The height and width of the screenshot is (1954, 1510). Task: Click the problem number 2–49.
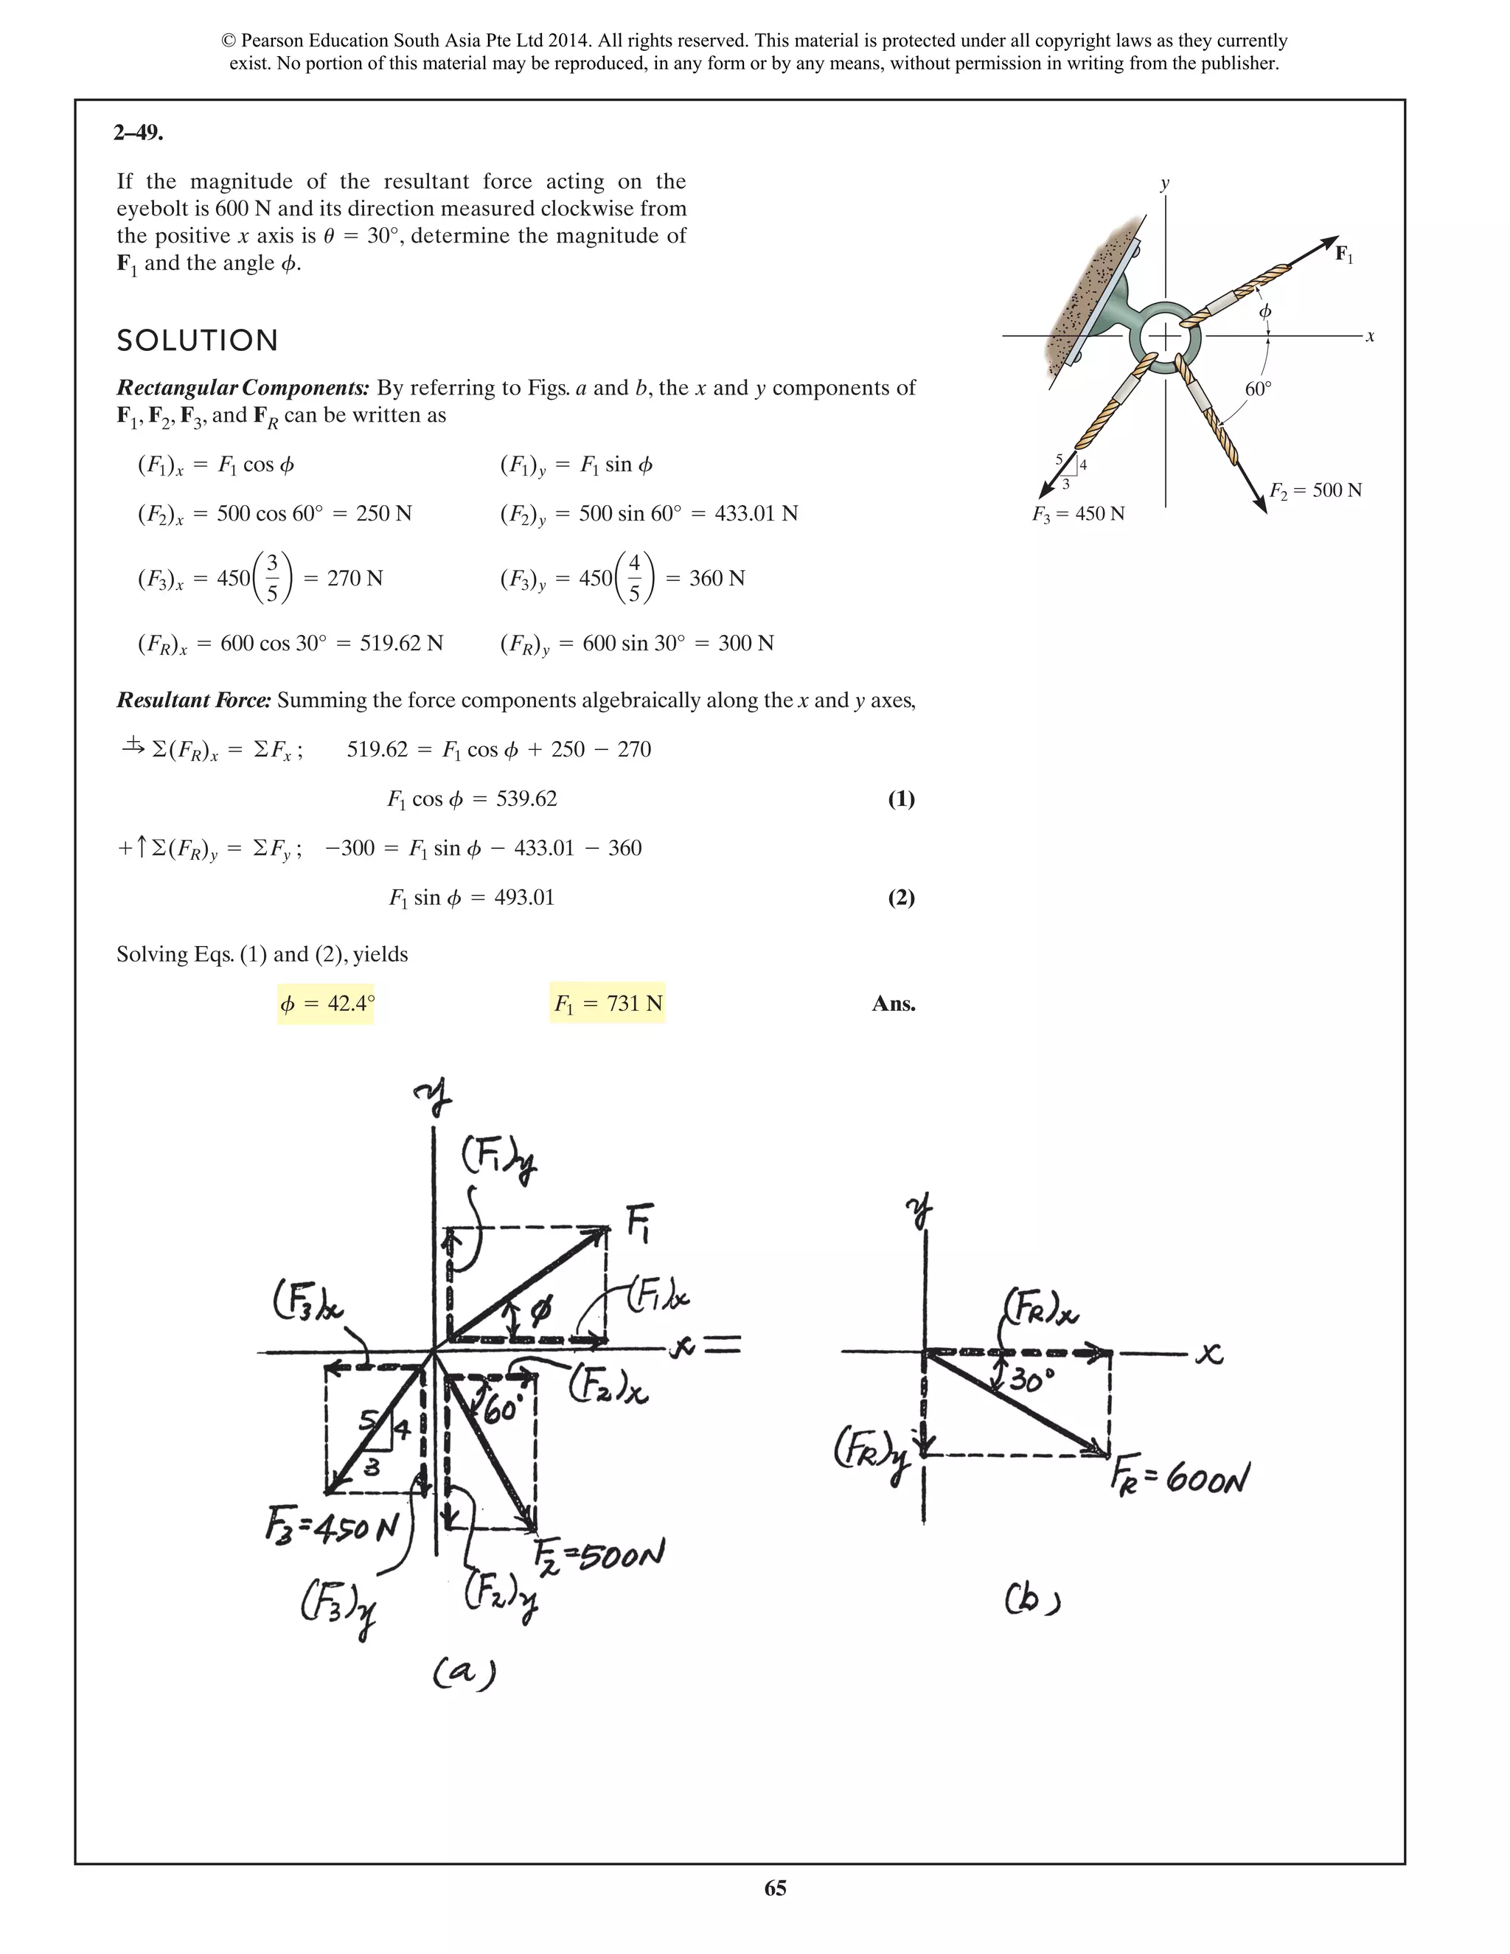click(138, 133)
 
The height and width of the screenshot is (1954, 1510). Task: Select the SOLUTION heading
click(198, 341)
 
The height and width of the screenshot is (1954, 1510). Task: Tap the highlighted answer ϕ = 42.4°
click(327, 1004)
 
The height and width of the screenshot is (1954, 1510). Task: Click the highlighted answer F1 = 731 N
click(608, 1004)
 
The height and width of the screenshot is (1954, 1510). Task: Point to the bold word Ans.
click(893, 1004)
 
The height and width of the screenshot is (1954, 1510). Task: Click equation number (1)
click(900, 799)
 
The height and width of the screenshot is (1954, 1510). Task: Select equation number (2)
click(900, 897)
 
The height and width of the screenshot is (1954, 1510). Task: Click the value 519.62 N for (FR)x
click(402, 643)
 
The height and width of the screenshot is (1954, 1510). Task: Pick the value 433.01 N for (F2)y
click(756, 513)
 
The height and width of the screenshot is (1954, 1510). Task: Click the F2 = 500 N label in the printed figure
click(1315, 490)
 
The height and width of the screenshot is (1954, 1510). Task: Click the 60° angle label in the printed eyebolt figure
click(1258, 389)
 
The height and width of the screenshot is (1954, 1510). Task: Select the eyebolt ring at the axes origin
click(1165, 335)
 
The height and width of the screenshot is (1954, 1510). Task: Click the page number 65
click(775, 1888)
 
